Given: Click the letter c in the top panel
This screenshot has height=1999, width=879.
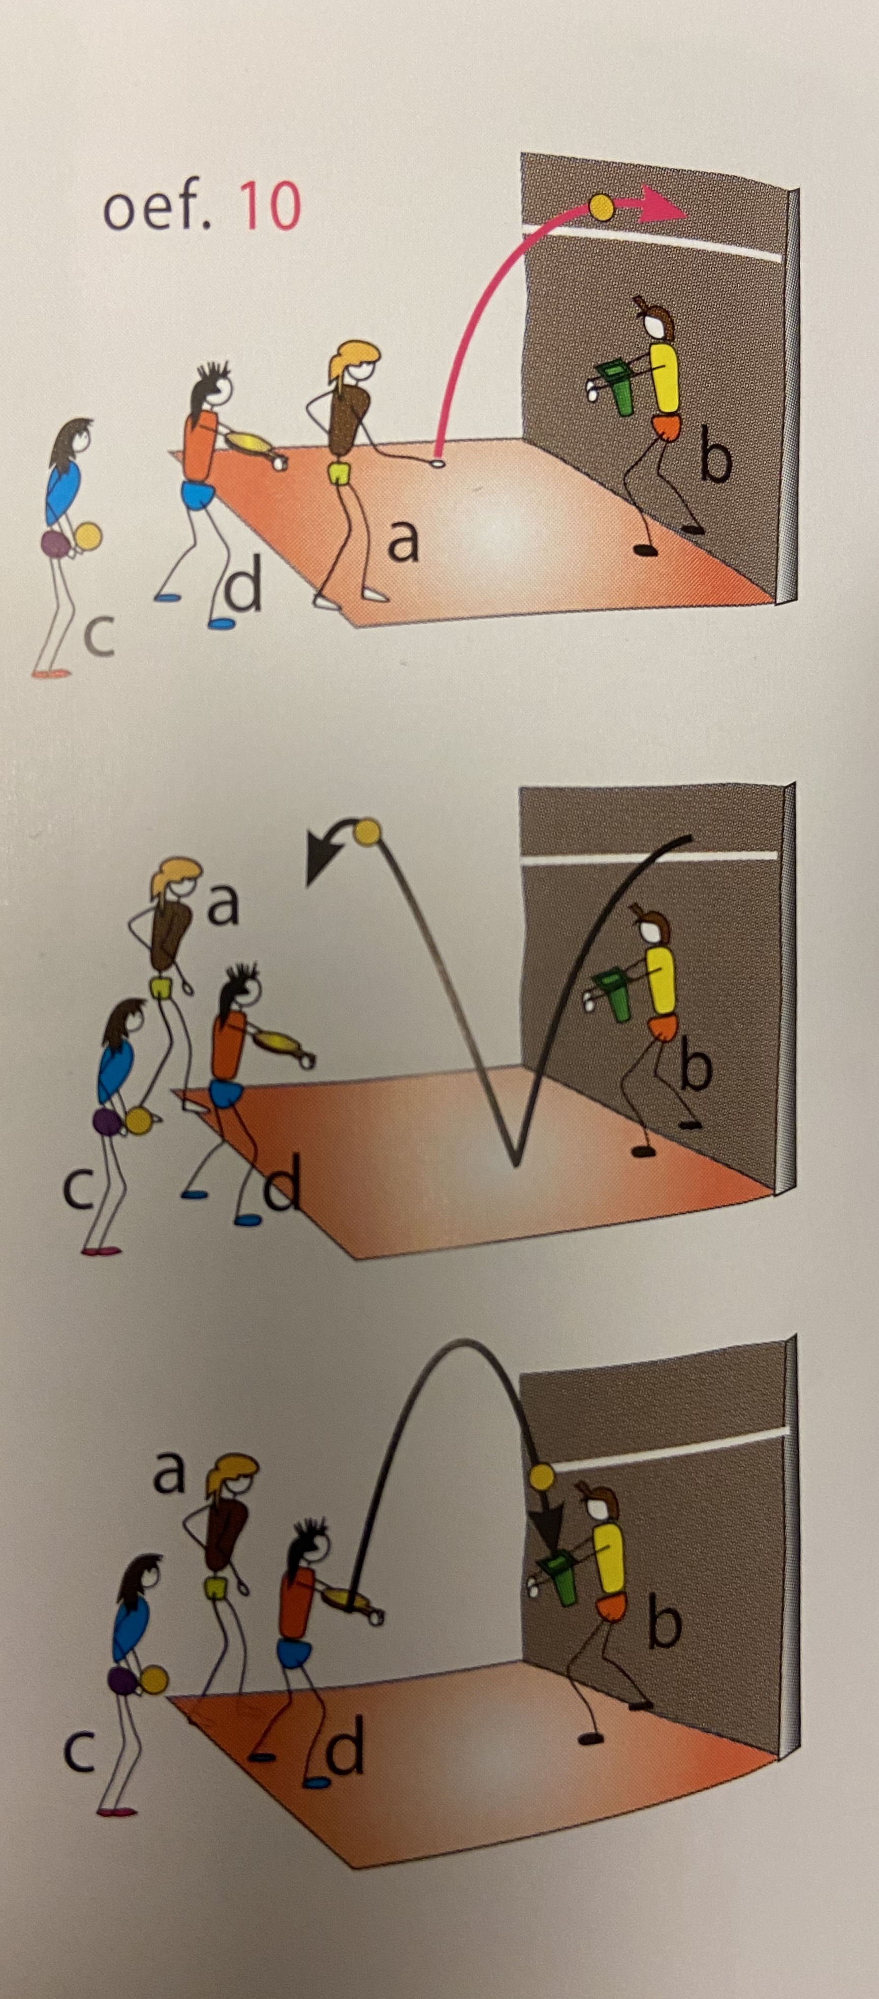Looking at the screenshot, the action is (99, 637).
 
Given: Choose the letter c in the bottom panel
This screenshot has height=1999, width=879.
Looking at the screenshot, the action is (79, 1731).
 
